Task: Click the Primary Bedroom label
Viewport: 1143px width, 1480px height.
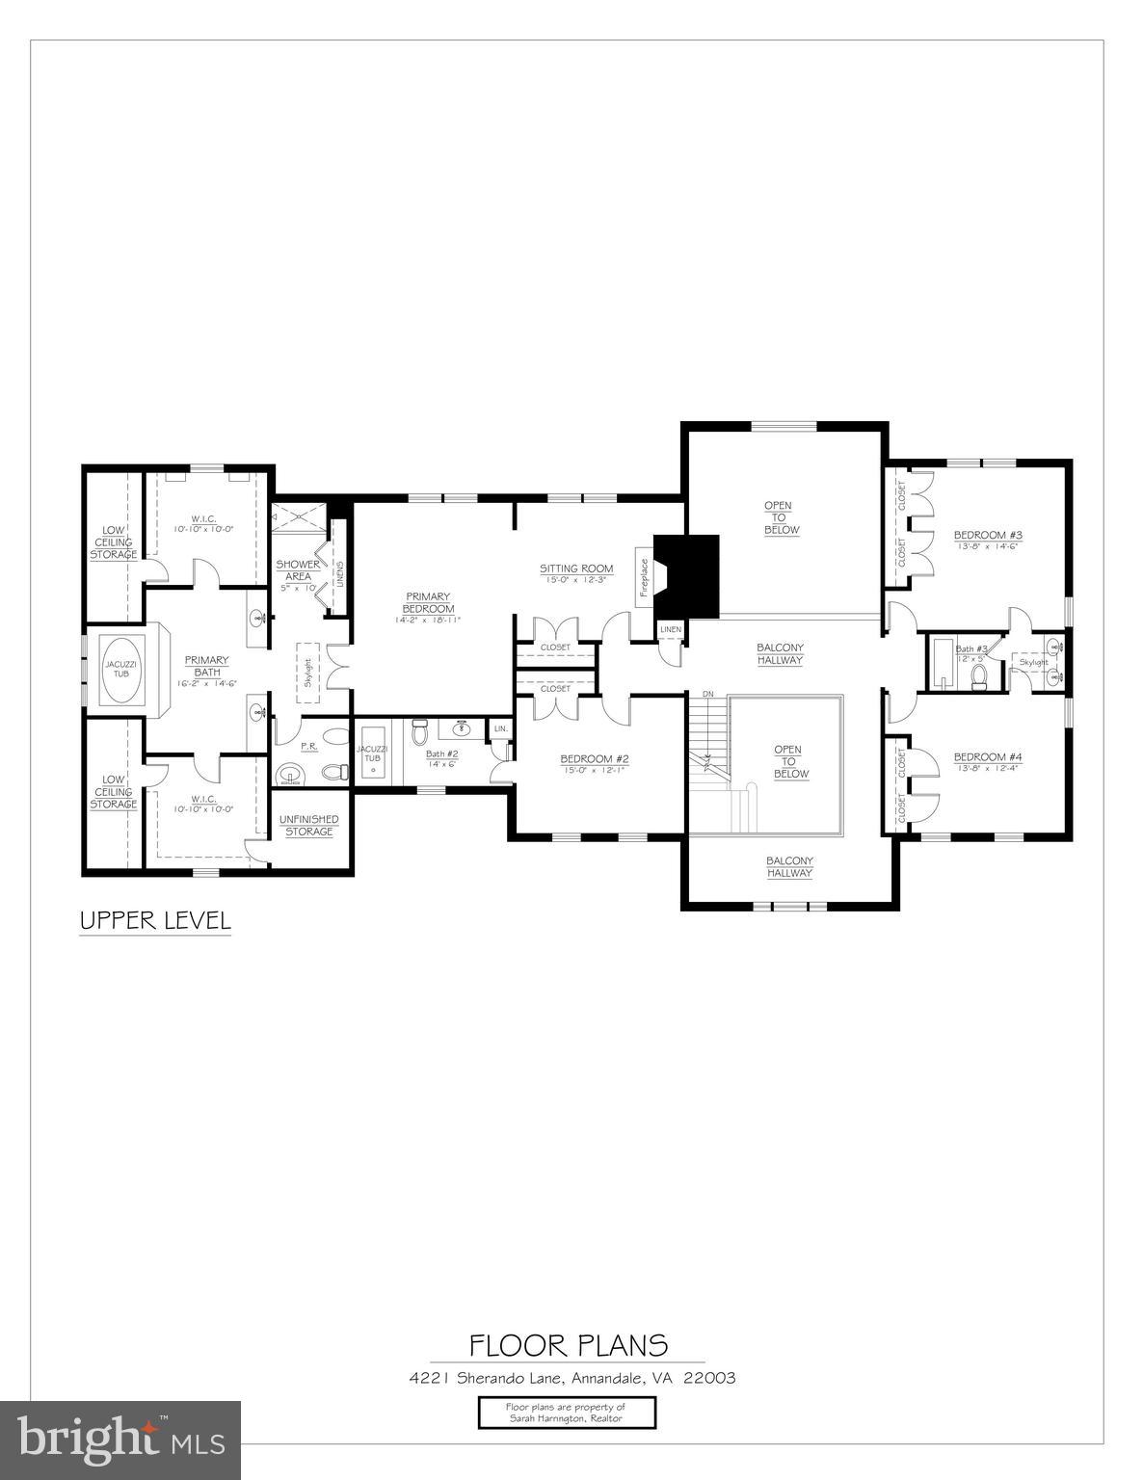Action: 428,602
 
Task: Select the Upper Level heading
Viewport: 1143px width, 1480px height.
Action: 155,920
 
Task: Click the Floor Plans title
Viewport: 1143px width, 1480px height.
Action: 569,1344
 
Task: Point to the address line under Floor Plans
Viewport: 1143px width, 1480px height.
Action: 572,1378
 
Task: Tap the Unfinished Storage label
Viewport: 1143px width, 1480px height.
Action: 308,825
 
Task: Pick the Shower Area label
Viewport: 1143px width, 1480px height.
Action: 298,569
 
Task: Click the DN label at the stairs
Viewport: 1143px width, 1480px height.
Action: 708,694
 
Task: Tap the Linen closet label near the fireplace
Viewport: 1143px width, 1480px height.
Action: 670,630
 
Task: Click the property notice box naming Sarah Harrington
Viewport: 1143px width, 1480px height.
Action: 567,1413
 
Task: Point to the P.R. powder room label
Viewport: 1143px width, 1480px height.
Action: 309,747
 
